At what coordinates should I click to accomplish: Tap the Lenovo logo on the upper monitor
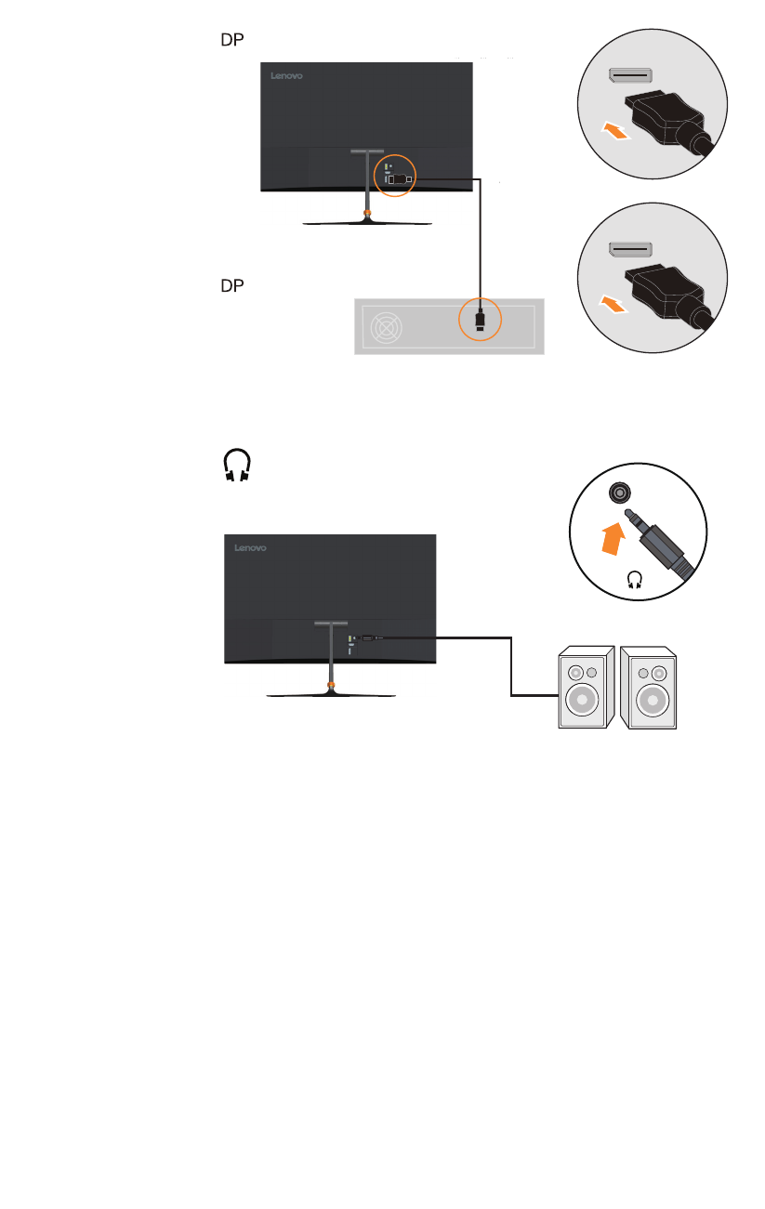click(288, 77)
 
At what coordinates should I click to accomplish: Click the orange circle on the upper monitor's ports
click(394, 174)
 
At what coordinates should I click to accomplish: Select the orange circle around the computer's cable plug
click(480, 321)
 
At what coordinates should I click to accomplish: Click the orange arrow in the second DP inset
click(616, 303)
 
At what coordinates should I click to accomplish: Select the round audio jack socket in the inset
click(617, 494)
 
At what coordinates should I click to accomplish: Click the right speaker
click(651, 688)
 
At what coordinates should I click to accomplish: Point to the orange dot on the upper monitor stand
click(367, 214)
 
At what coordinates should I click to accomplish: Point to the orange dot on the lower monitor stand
click(330, 685)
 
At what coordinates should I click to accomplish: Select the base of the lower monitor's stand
click(331, 694)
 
